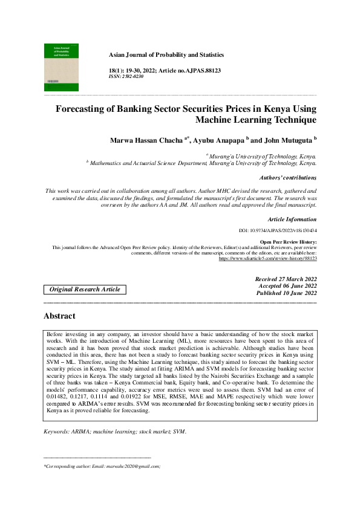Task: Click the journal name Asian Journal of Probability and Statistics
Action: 166,55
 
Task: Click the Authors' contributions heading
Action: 287,178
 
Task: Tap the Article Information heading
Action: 292,219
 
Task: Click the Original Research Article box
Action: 85,290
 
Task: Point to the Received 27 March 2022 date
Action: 286,279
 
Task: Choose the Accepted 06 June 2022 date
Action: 287,286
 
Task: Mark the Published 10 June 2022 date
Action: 286,293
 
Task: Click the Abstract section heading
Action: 59,316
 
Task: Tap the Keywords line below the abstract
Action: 116,432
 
